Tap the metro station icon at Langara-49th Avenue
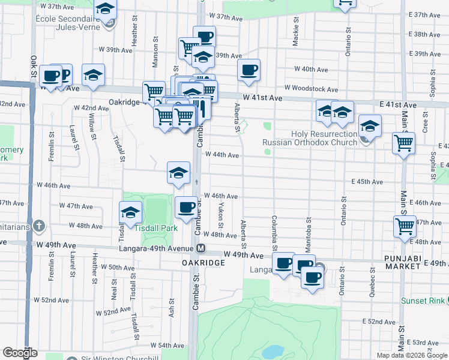click(x=201, y=248)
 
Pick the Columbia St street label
click(x=274, y=233)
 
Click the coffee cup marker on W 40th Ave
click(x=249, y=70)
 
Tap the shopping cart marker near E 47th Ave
click(x=405, y=227)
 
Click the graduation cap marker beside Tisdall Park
click(x=130, y=212)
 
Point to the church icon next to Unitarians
click(x=39, y=226)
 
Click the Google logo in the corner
click(x=20, y=353)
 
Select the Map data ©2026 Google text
click(x=412, y=355)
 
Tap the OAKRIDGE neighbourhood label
click(x=203, y=263)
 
